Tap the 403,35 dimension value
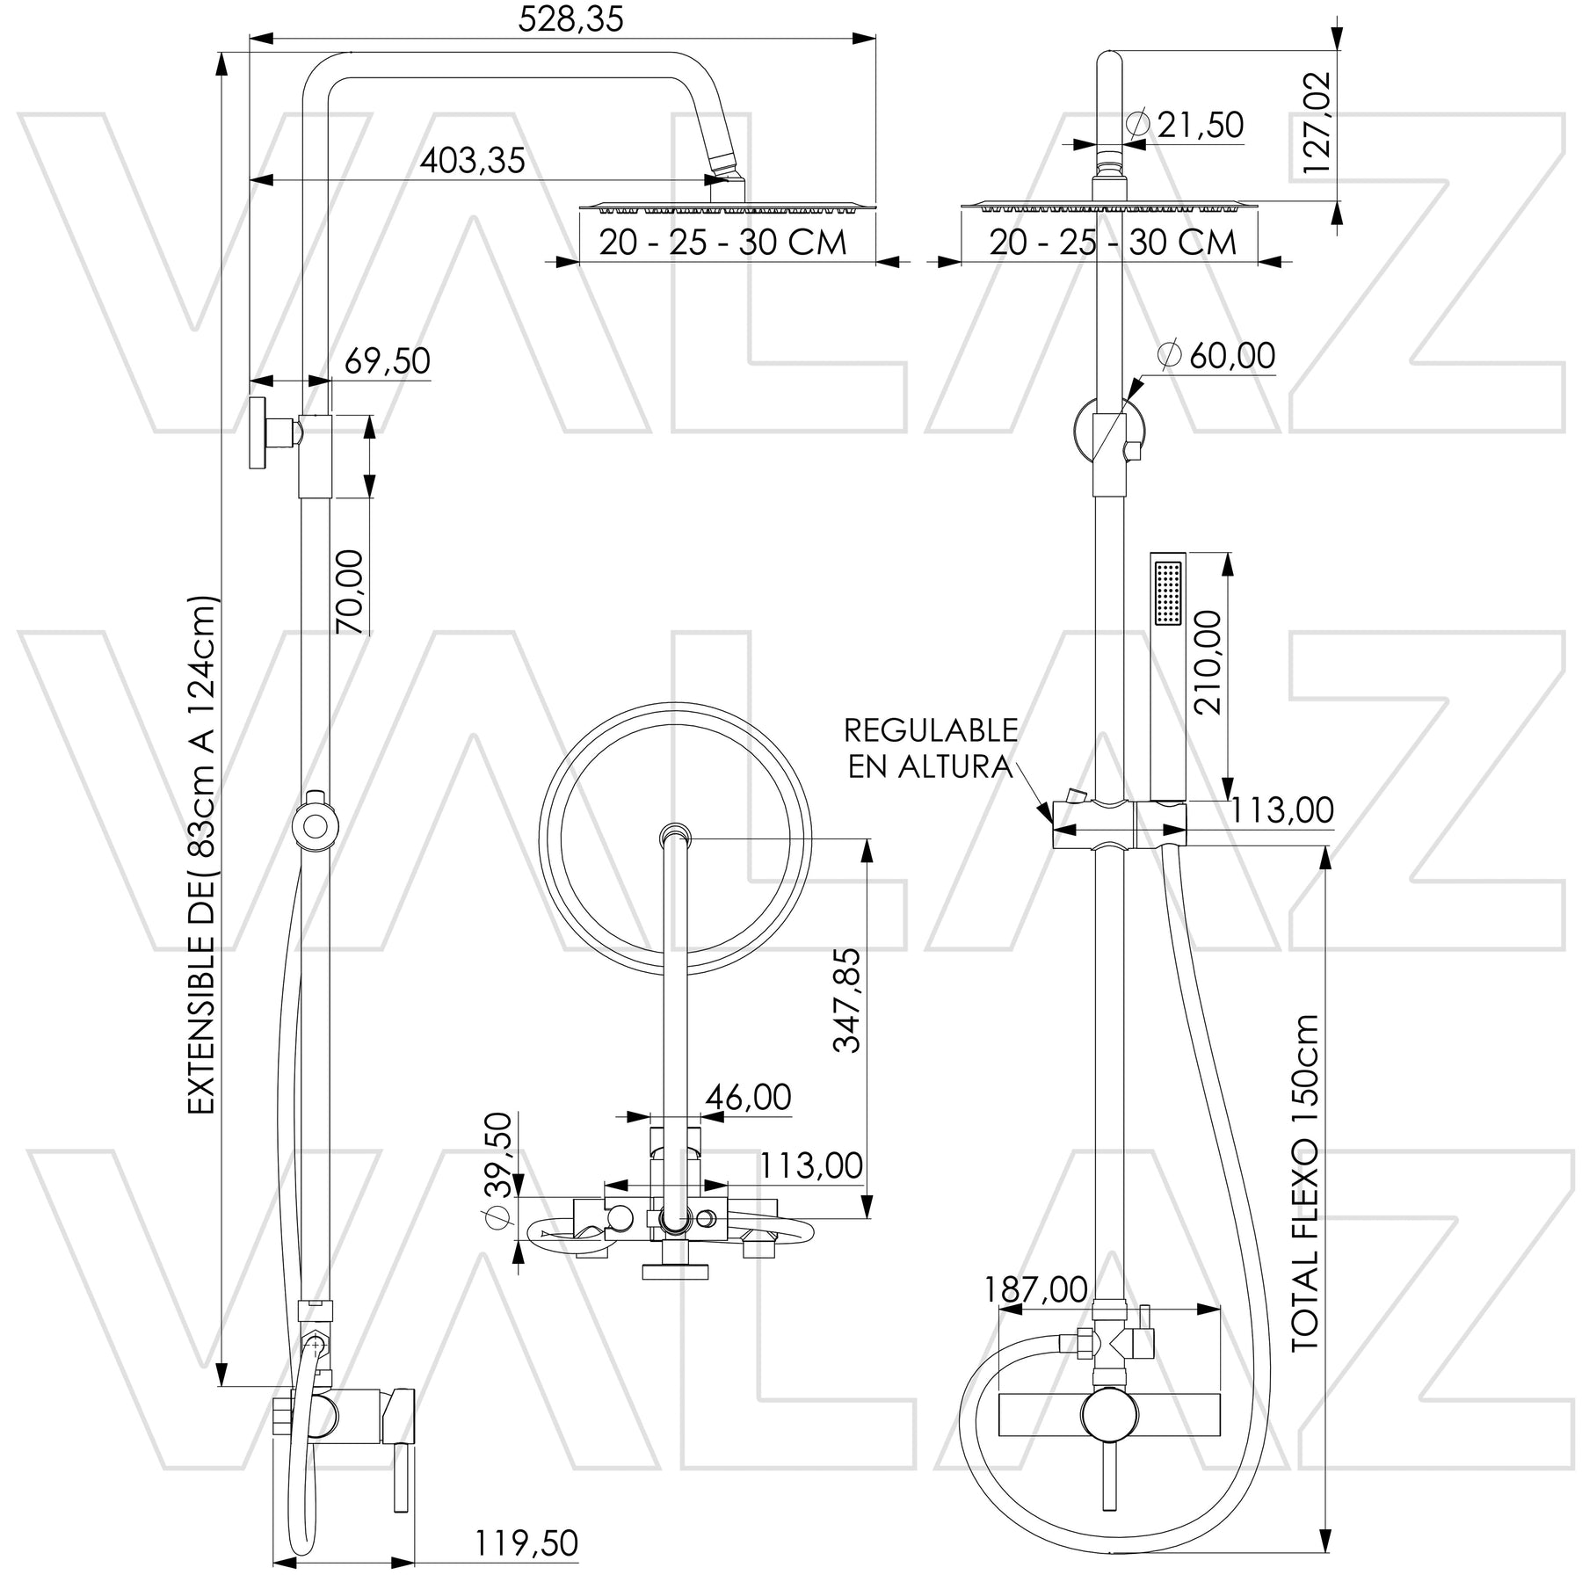point(472,161)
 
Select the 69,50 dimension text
point(387,361)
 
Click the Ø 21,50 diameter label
point(1185,125)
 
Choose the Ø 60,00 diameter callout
point(1216,356)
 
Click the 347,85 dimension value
point(849,999)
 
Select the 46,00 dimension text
point(749,1097)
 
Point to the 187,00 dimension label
point(1035,1289)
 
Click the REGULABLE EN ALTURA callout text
point(930,748)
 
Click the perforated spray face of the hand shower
point(1168,594)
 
